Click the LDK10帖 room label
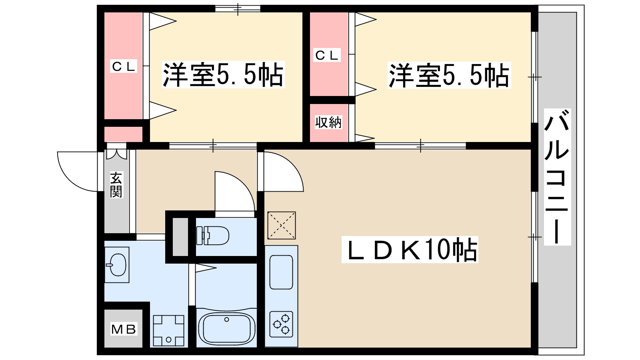[x=410, y=250]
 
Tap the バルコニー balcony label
[x=557, y=177]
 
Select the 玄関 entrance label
[x=116, y=185]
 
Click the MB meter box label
[x=124, y=329]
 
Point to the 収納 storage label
[x=328, y=122]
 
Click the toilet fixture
[x=212, y=235]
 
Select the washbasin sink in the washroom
[x=117, y=265]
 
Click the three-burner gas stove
[x=281, y=324]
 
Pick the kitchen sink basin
[x=281, y=272]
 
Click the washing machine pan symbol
[x=168, y=330]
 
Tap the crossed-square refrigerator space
[x=282, y=226]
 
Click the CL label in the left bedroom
[x=124, y=66]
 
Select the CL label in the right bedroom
[x=327, y=55]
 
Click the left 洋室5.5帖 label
[x=223, y=75]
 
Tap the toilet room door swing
[x=234, y=192]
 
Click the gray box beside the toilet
[x=180, y=237]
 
